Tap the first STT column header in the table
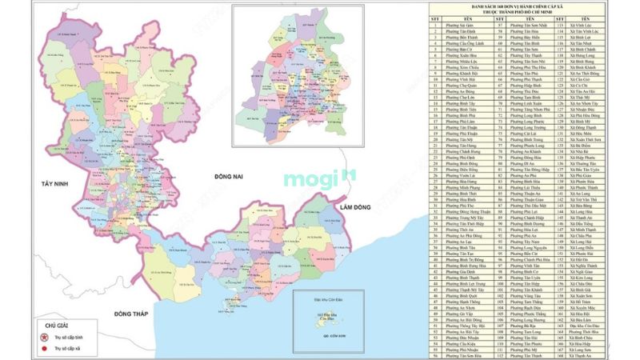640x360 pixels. pos(434,19)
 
